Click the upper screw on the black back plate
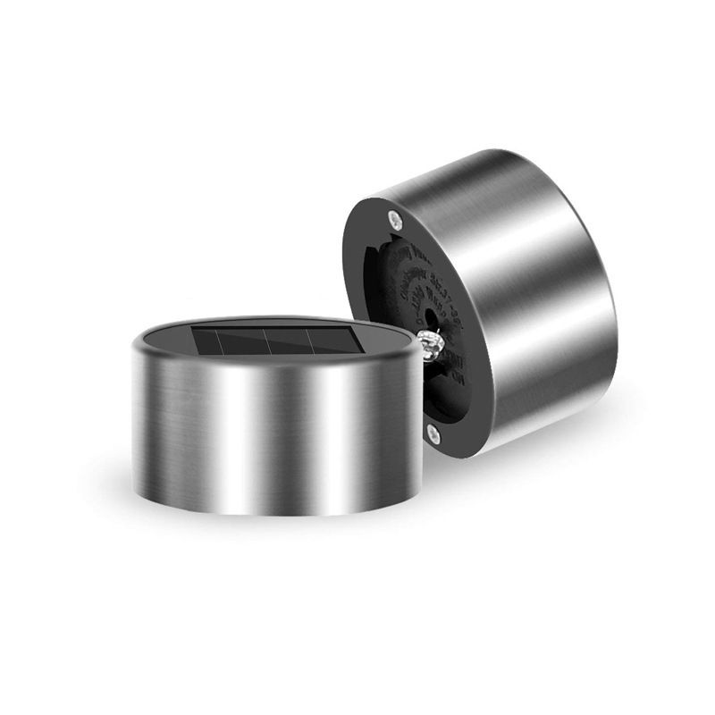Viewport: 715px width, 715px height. point(395,215)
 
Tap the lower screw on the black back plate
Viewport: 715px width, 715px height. point(433,433)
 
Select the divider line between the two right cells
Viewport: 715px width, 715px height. point(309,339)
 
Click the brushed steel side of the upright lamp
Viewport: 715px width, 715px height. point(268,429)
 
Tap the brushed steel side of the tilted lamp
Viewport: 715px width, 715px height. point(536,295)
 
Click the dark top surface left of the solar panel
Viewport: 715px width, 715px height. point(165,343)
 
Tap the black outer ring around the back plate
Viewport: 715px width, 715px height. point(357,268)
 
